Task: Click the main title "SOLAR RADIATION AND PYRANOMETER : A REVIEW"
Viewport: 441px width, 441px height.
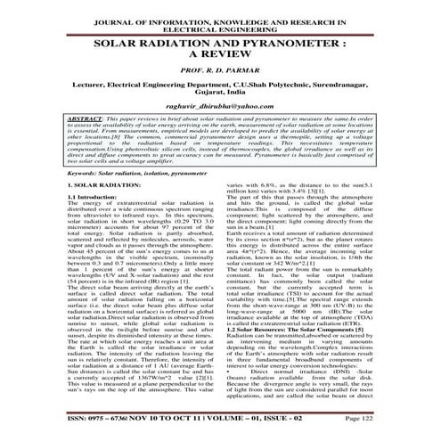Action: pyautogui.click(x=220, y=48)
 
